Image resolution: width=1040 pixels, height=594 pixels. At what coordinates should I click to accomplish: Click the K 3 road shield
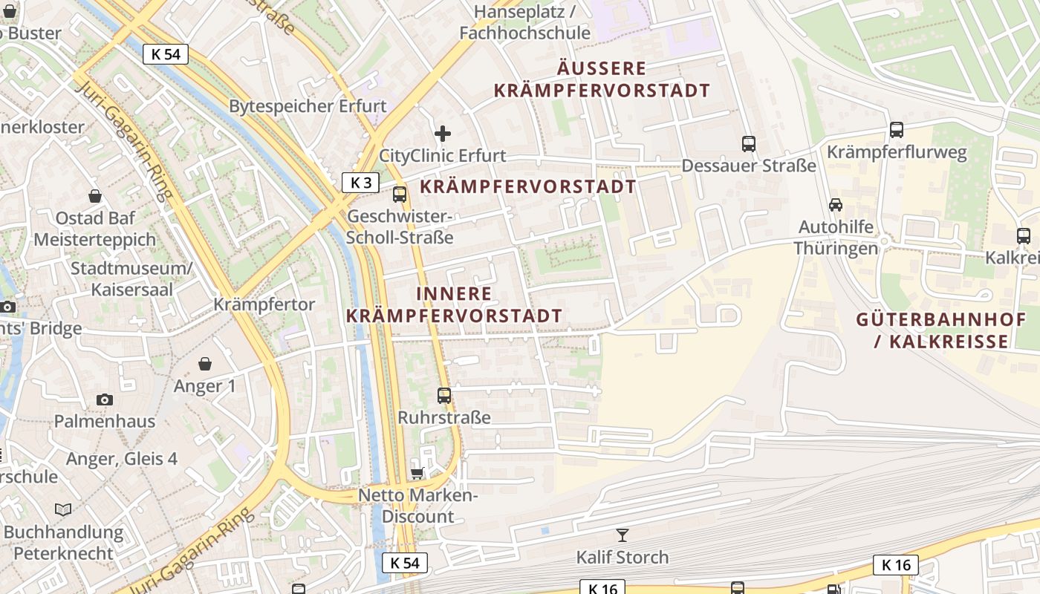pyautogui.click(x=360, y=183)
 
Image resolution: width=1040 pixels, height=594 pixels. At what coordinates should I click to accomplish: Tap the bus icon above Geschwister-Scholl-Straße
pyautogui.click(x=400, y=195)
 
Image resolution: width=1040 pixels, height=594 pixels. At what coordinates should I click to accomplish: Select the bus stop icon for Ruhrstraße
pyautogui.click(x=444, y=396)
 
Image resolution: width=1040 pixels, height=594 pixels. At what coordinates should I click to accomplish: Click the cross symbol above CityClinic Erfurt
pyautogui.click(x=443, y=134)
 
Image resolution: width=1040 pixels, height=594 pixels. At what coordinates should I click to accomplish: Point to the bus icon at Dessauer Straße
pyautogui.click(x=748, y=144)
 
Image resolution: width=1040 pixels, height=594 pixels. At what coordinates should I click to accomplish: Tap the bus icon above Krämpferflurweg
pyautogui.click(x=897, y=130)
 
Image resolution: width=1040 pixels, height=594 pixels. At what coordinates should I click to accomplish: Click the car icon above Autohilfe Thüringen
pyautogui.click(x=836, y=204)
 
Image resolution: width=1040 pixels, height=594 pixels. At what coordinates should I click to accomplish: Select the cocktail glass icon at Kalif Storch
pyautogui.click(x=623, y=535)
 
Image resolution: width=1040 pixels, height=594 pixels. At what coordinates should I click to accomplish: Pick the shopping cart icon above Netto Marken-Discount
pyautogui.click(x=417, y=473)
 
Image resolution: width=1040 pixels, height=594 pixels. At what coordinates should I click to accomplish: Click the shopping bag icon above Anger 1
pyautogui.click(x=205, y=364)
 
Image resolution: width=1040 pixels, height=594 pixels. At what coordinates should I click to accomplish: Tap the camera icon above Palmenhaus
pyautogui.click(x=105, y=399)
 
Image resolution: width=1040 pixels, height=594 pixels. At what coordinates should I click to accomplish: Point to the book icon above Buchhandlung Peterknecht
pyautogui.click(x=64, y=509)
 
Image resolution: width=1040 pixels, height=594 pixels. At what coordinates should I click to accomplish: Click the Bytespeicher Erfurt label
pyautogui.click(x=308, y=105)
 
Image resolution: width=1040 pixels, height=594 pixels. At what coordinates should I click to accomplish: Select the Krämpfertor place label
pyautogui.click(x=264, y=304)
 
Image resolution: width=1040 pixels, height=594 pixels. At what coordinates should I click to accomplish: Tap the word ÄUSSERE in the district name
pyautogui.click(x=602, y=69)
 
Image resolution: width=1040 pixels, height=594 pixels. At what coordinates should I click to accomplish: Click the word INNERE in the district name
pyautogui.click(x=454, y=294)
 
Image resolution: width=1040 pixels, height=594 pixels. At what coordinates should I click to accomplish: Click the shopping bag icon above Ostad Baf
pyautogui.click(x=95, y=196)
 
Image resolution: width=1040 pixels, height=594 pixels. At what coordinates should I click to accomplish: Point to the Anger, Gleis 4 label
pyautogui.click(x=122, y=459)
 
